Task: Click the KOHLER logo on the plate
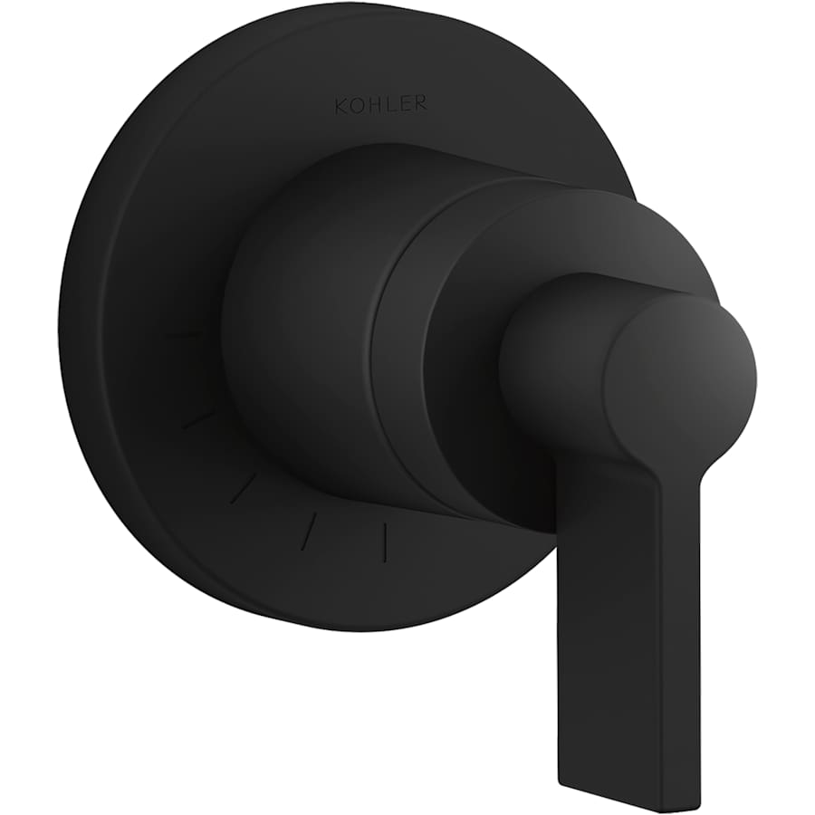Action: [x=380, y=105]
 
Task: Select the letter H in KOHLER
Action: [x=374, y=105]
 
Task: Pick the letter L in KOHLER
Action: [x=389, y=105]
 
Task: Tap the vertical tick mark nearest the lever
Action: [x=386, y=541]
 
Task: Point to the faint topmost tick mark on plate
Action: [x=186, y=336]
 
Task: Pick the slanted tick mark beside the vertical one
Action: [x=309, y=530]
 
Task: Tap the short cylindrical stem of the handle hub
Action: [x=552, y=353]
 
